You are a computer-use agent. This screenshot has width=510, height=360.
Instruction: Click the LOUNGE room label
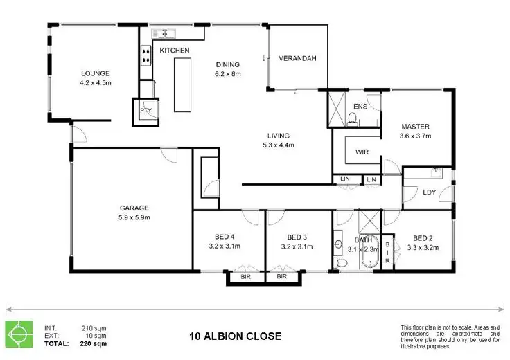pyautogui.click(x=96, y=73)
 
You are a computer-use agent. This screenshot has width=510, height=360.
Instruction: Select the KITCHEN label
pyautogui.click(x=175, y=51)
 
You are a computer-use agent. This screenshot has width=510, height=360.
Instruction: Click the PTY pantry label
pyautogui.click(x=146, y=111)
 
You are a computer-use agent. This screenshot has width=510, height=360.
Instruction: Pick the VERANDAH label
pyautogui.click(x=297, y=59)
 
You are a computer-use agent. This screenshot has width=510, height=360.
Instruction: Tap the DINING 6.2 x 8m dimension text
pyautogui.click(x=229, y=73)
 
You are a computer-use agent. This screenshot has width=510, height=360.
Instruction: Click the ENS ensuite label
pyautogui.click(x=360, y=107)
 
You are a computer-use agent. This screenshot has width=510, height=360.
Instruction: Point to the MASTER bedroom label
pyautogui.click(x=416, y=127)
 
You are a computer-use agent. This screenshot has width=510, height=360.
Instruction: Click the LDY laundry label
pyautogui.click(x=429, y=192)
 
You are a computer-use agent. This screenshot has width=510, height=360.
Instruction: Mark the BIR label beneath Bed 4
pyautogui.click(x=245, y=277)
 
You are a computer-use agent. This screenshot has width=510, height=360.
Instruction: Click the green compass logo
pyautogui.click(x=19, y=335)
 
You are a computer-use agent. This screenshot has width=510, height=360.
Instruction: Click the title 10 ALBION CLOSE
pyautogui.click(x=236, y=337)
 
